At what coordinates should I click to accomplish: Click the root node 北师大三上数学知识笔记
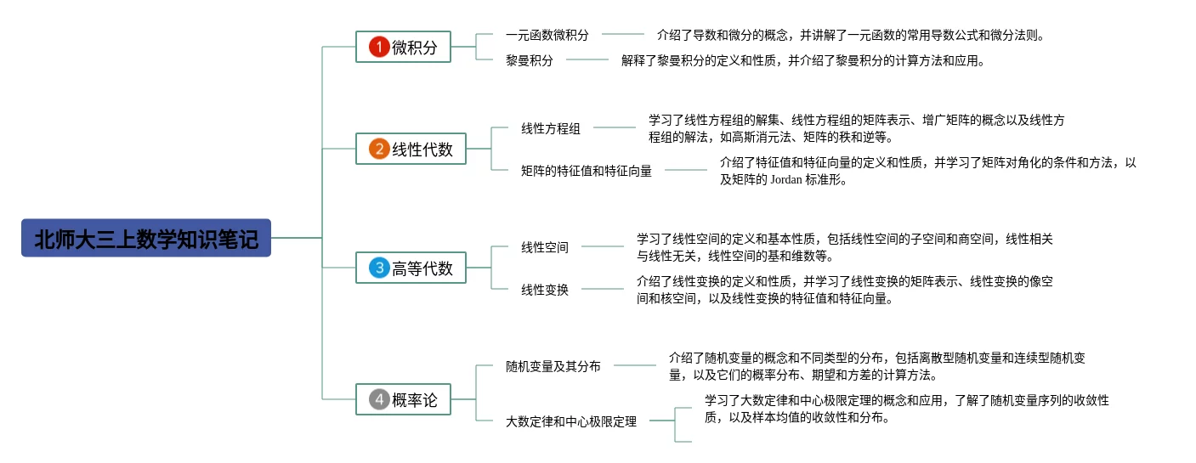[145, 239]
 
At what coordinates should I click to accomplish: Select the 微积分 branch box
[403, 47]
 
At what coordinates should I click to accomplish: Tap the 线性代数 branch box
[411, 149]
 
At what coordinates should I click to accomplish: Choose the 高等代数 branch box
[411, 268]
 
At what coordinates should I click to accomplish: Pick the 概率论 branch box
[403, 399]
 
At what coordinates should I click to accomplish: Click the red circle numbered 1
[378, 47]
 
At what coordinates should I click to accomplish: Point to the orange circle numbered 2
[378, 149]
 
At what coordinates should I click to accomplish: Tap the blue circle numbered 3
[378, 268]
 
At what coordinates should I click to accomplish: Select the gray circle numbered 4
[378, 399]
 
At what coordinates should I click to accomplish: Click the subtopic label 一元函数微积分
[547, 35]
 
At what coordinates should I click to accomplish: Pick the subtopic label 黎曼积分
[529, 60]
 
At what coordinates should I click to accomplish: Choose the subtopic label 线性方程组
[551, 128]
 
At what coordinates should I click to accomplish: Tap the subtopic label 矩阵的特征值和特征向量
[587, 171]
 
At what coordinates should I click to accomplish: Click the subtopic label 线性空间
[545, 247]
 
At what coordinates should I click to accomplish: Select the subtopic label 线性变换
[545, 290]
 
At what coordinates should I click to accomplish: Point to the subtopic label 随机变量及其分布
[553, 366]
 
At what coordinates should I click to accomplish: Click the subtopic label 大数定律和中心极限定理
[571, 421]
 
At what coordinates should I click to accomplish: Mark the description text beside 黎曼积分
[802, 60]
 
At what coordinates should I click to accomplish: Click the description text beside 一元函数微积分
[850, 35]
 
